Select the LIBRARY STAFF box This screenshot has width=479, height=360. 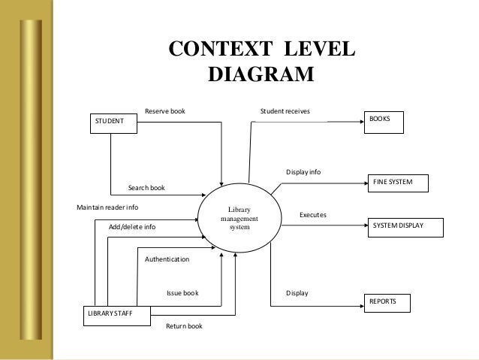pyautogui.click(x=116, y=313)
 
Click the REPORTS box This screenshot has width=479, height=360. pyautogui.click(x=387, y=302)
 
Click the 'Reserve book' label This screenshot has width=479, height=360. pyautogui.click(x=164, y=111)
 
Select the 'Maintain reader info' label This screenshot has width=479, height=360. pyautogui.click(x=107, y=207)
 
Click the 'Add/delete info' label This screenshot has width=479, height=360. pyautogui.click(x=132, y=226)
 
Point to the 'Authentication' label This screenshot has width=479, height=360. pyautogui.click(x=167, y=259)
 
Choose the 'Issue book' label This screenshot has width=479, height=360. pyautogui.click(x=182, y=293)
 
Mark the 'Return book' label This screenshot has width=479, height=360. pyautogui.click(x=184, y=326)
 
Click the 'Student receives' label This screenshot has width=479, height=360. pyautogui.click(x=285, y=111)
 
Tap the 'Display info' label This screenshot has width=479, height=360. pyautogui.click(x=303, y=172)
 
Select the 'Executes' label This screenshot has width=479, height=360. pyautogui.click(x=313, y=215)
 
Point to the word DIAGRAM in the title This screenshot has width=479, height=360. pyautogui.click(x=259, y=75)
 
